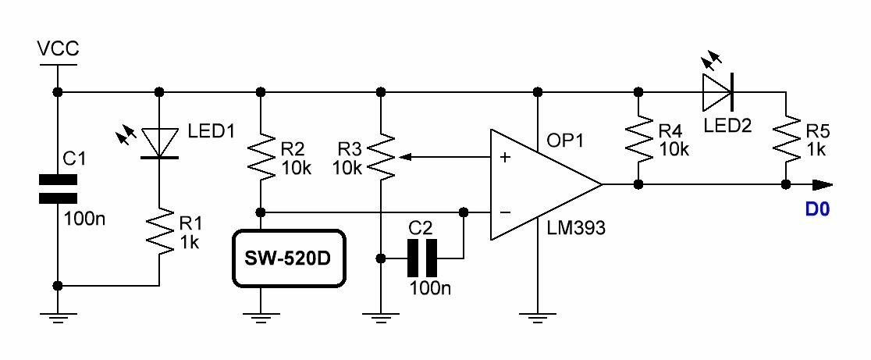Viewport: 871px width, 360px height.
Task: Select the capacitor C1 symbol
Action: pos(58,188)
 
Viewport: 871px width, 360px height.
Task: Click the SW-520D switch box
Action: pos(288,258)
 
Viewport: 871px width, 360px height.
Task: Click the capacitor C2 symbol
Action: pos(422,258)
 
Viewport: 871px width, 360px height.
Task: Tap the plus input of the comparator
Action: pos(505,158)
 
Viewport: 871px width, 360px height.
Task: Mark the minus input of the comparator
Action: pos(505,212)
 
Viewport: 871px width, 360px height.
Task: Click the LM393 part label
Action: pos(578,228)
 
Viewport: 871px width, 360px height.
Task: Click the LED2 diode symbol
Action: pos(717,92)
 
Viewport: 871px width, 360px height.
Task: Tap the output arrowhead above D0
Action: pos(823,185)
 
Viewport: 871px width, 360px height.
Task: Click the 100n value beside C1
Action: pos(84,218)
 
